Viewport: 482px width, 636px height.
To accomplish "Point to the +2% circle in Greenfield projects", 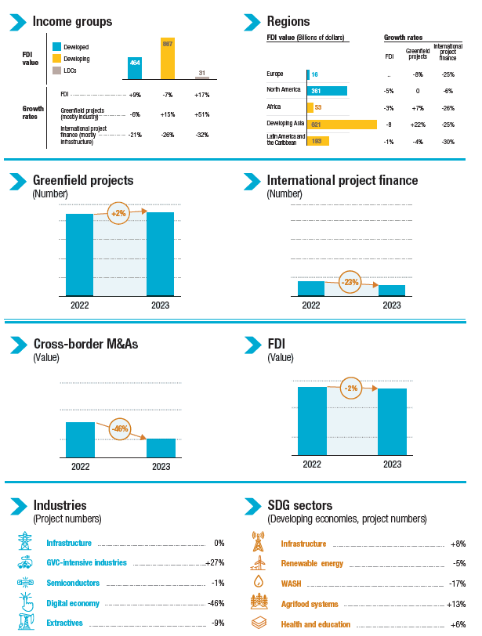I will (x=118, y=213).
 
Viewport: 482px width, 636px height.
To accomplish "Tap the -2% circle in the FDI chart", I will (x=351, y=388).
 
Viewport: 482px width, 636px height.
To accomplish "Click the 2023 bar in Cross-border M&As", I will (x=161, y=447).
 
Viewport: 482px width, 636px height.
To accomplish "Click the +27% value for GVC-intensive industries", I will (x=215, y=562).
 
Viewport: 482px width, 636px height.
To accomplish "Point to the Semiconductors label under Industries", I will (x=73, y=583).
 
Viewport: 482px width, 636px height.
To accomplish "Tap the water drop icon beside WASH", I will (x=258, y=583).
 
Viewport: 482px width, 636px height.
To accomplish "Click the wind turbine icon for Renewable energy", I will (x=258, y=563).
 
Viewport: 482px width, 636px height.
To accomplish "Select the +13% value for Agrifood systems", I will (x=456, y=604).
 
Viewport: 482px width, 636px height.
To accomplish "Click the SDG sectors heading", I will (x=300, y=505).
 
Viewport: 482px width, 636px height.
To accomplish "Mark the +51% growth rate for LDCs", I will (x=202, y=114).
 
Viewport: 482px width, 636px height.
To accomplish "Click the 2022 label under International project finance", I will (x=311, y=305).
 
